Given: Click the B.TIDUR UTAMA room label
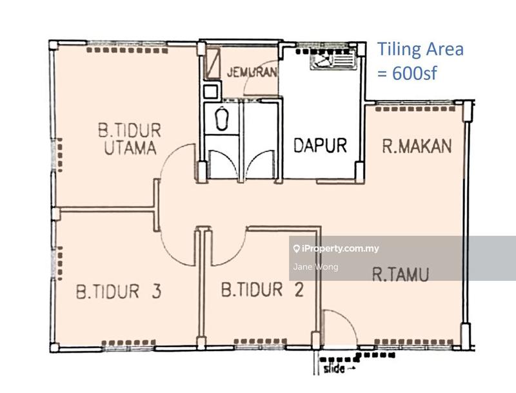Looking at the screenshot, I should pyautogui.click(x=130, y=139).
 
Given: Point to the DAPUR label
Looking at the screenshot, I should pyautogui.click(x=320, y=146).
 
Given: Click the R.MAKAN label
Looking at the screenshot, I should pyautogui.click(x=416, y=146).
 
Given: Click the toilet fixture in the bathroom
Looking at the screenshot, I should pyautogui.click(x=222, y=119).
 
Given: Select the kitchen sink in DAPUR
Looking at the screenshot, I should pyautogui.click(x=333, y=60).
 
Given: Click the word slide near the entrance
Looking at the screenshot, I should pyautogui.click(x=335, y=370).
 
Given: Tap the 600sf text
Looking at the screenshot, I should pyautogui.click(x=407, y=73).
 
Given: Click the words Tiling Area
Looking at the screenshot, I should pyautogui.click(x=420, y=49).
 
